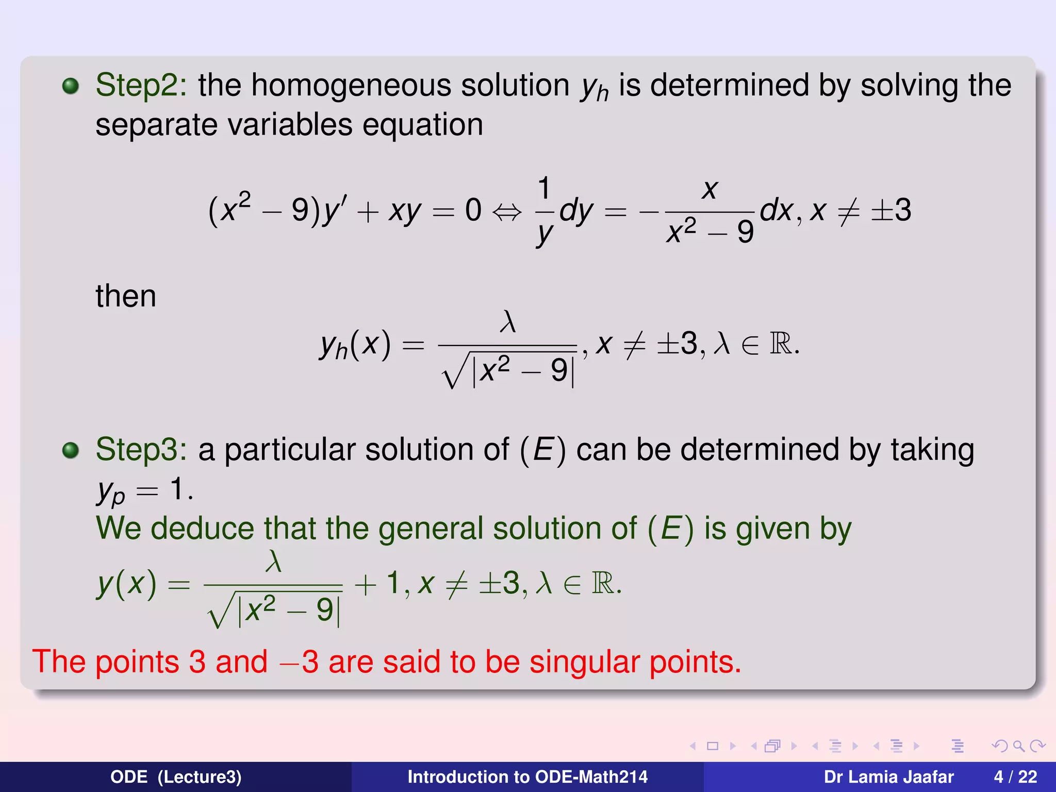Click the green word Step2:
coord(141,85)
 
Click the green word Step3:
coord(141,450)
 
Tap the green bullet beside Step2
coord(71,86)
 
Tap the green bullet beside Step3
coord(71,450)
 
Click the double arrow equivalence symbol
coord(507,211)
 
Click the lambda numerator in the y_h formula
coord(508,322)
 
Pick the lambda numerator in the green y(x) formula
coord(273,562)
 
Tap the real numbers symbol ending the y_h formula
coord(781,344)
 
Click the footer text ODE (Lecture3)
coord(176,777)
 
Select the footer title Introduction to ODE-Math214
coord(527,777)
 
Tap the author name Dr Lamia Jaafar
coord(888,777)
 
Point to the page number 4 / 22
coord(1015,777)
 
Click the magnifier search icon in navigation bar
coord(1018,746)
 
